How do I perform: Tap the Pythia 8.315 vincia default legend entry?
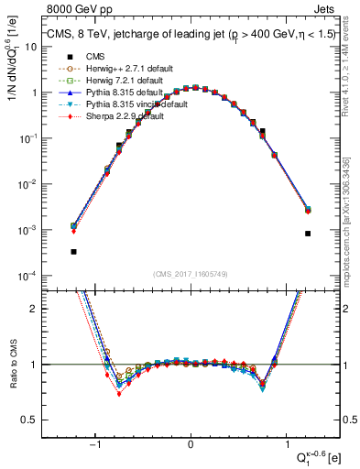[x=124, y=105]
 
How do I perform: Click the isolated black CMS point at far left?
[x=73, y=251]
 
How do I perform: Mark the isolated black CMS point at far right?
[x=308, y=234]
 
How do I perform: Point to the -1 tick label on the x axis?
[x=96, y=444]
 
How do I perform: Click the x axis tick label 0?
[x=191, y=444]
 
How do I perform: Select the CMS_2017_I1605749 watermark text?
[x=191, y=275]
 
